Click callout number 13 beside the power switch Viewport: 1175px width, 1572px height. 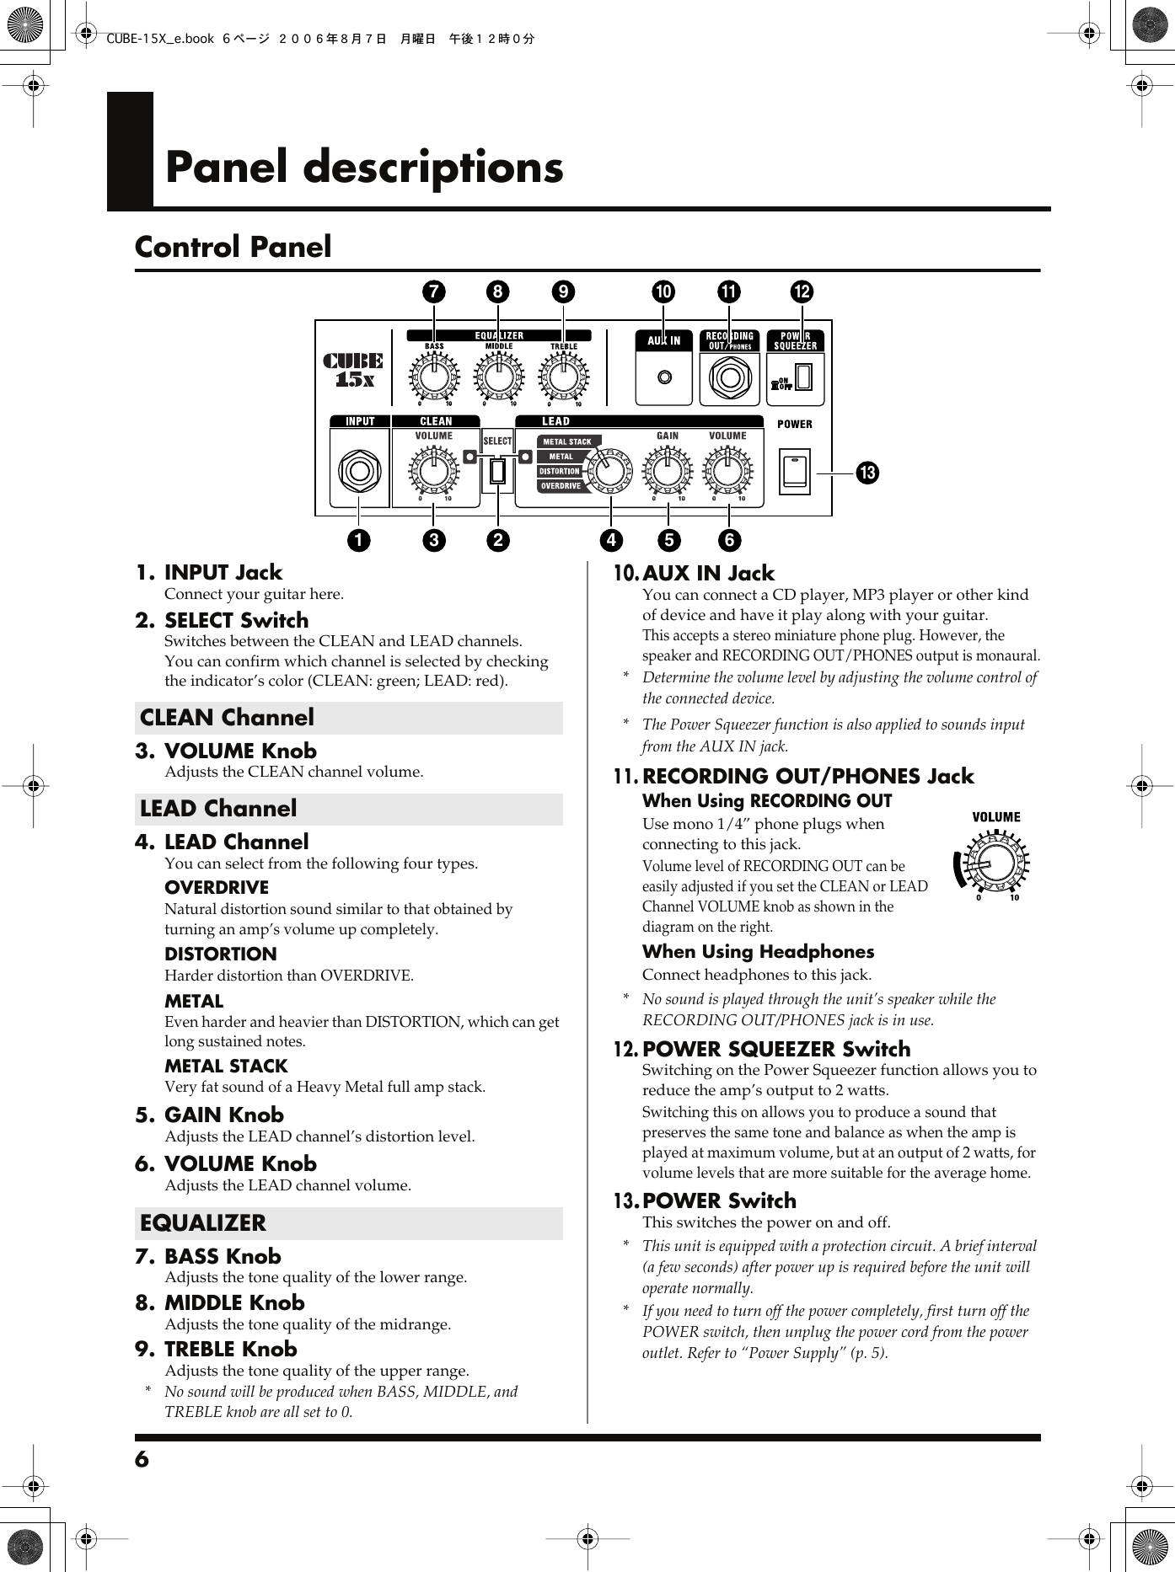pos(867,473)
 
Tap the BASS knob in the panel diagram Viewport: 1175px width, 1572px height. pos(434,377)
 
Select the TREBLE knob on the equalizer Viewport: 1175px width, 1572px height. pos(564,377)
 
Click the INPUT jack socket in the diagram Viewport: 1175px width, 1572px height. pos(360,471)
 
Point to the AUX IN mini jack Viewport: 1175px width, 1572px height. pos(665,377)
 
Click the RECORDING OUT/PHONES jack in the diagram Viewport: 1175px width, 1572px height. pos(730,377)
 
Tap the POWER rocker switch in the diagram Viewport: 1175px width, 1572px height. pos(795,471)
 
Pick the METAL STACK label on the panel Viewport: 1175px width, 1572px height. pos(567,441)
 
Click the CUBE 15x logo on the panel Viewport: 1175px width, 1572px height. pos(353,370)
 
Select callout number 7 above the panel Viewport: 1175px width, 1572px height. pos(433,291)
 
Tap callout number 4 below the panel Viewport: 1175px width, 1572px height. pos(611,540)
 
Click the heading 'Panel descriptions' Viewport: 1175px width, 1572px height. pos(364,167)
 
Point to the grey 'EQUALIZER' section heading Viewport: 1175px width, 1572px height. pos(203,1223)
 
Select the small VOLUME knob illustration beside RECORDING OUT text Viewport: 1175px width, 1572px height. pos(995,862)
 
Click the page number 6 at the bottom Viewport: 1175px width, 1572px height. pos(142,1459)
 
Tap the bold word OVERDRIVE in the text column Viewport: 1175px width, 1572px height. pos(217,888)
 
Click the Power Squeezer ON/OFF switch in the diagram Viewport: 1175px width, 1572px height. pos(803,377)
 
